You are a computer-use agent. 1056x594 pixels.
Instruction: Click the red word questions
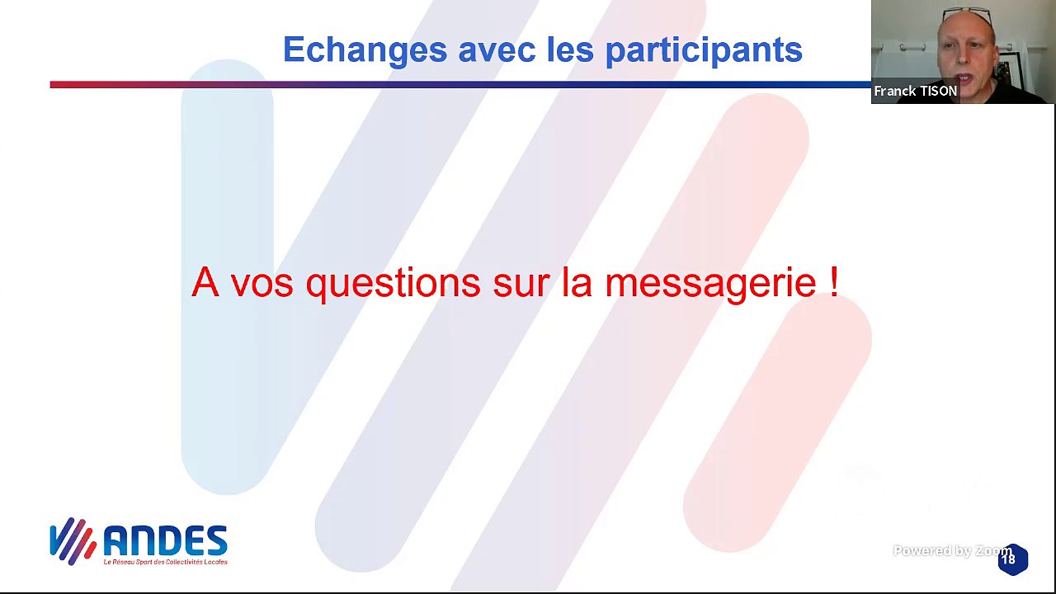point(393,284)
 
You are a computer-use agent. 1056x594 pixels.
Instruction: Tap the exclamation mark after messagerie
point(834,282)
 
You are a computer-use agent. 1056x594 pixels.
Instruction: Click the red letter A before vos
point(205,282)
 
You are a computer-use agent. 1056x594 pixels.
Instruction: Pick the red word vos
point(263,284)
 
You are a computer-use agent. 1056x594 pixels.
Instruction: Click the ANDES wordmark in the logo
point(165,542)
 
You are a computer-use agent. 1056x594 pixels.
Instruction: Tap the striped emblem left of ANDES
point(73,541)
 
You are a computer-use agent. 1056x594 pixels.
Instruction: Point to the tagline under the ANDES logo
point(165,562)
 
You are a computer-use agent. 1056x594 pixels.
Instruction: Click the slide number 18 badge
point(1012,559)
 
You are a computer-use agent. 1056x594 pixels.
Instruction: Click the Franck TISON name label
point(915,92)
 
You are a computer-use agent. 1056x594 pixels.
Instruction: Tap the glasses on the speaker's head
point(967,15)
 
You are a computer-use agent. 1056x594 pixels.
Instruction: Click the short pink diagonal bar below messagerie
point(775,429)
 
